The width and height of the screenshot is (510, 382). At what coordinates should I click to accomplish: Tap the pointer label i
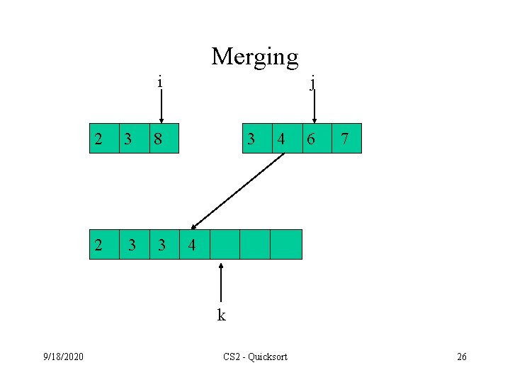(x=160, y=82)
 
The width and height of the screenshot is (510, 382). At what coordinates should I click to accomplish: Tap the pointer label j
(x=314, y=83)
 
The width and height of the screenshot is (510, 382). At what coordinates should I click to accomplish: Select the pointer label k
(x=222, y=316)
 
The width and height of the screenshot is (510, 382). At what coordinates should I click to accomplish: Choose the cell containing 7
(x=346, y=138)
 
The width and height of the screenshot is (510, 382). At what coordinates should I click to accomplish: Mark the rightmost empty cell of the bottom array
(x=286, y=245)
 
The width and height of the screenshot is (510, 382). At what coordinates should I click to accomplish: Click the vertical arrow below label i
(x=161, y=107)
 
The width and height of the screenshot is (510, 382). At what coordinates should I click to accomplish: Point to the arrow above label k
(x=222, y=283)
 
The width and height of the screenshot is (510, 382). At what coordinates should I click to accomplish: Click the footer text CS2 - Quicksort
(x=255, y=357)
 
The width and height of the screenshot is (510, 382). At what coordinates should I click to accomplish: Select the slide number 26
(x=461, y=357)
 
